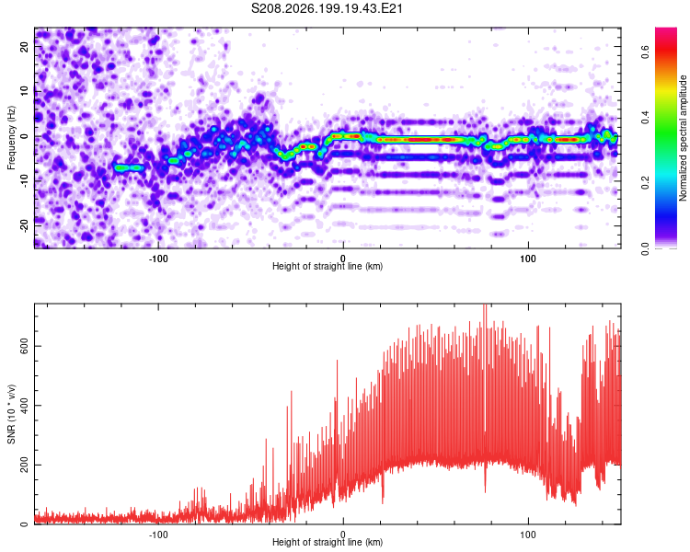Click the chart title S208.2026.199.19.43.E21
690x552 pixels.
[x=327, y=8]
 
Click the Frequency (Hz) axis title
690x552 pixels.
[x=11, y=138]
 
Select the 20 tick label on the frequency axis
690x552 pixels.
[x=25, y=46]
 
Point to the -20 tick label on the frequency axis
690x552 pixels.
[x=25, y=225]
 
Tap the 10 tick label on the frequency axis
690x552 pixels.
[x=25, y=91]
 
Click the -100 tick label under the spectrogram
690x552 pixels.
[x=158, y=259]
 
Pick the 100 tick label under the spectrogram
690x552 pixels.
[x=528, y=259]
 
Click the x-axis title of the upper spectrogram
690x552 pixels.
[x=328, y=266]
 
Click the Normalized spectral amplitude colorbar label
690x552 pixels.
[x=683, y=138]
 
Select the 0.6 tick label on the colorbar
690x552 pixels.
[x=645, y=52]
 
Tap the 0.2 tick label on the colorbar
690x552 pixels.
[x=645, y=182]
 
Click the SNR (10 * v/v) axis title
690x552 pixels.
[x=11, y=414]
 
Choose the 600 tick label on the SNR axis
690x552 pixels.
[x=25, y=346]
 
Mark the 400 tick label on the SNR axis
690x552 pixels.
[x=25, y=406]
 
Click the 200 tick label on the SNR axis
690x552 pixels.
[x=25, y=465]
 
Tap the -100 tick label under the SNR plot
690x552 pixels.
[x=158, y=535]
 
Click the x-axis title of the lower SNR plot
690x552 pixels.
[x=328, y=542]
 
